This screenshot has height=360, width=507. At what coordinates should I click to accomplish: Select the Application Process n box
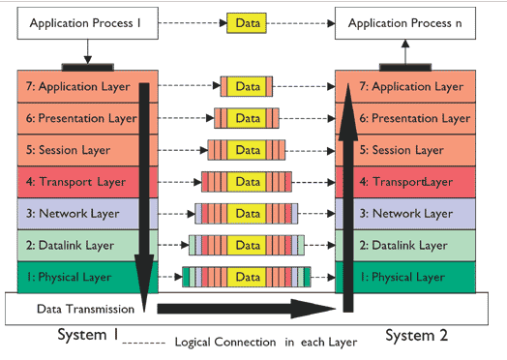(x=404, y=20)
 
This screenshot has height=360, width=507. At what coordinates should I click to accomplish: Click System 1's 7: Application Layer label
(x=73, y=86)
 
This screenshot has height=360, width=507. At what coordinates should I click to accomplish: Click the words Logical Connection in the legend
(x=224, y=343)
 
